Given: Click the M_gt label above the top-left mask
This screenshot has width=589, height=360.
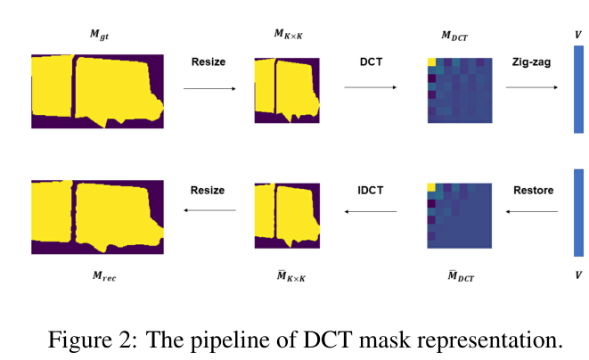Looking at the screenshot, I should [99, 36].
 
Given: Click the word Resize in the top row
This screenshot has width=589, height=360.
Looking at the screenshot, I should [209, 61].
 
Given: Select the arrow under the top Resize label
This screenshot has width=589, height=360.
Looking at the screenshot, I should [209, 88].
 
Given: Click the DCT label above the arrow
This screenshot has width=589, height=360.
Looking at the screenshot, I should [371, 61].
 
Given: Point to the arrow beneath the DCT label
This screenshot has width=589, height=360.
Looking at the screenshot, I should [371, 87].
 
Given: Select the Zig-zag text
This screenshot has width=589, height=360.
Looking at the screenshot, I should [532, 61].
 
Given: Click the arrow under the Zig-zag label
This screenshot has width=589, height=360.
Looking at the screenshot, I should [532, 87].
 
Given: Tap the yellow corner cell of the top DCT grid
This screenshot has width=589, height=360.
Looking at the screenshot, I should [431, 62].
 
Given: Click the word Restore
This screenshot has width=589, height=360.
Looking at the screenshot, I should [533, 190].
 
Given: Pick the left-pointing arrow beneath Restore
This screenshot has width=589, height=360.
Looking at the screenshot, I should [532, 211].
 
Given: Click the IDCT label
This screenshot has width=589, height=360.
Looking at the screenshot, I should [371, 190].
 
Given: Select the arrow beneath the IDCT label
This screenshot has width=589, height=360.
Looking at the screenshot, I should [371, 211].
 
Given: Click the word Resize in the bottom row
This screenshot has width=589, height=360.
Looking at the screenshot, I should [209, 190].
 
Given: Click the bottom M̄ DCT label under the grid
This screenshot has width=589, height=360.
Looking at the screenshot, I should [460, 277].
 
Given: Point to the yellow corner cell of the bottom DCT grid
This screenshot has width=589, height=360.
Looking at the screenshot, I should [431, 186].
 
